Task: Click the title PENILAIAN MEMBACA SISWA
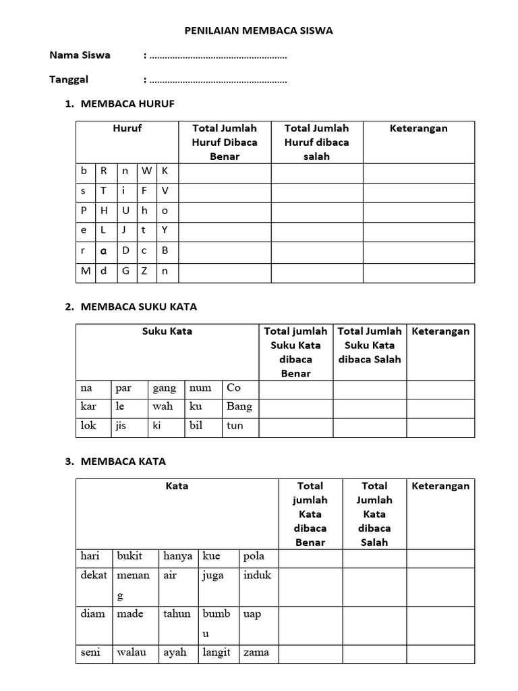[x=259, y=30]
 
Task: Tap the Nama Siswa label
[x=80, y=55]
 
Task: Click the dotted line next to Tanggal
[x=219, y=81]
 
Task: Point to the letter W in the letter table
[x=146, y=171]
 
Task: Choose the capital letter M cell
[x=85, y=271]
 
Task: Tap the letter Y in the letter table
[x=165, y=230]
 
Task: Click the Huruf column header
[x=127, y=128]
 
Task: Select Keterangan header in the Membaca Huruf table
[x=418, y=128]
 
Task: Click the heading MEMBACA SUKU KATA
[x=138, y=306]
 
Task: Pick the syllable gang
[x=165, y=388]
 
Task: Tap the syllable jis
[x=121, y=426]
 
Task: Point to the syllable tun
[x=235, y=426]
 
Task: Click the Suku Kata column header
[x=167, y=331]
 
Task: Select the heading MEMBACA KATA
[x=123, y=462]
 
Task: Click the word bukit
[x=129, y=556]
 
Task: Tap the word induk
[x=257, y=576]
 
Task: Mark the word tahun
[x=177, y=614]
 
